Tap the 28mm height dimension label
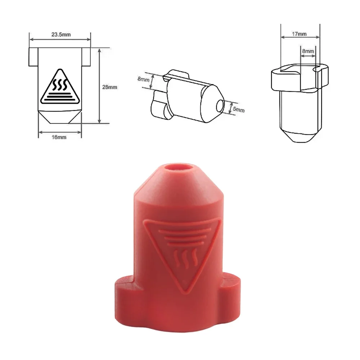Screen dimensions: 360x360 [x=110, y=87]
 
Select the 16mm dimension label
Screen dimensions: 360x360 [x=59, y=137]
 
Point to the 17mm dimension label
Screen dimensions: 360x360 [x=300, y=34]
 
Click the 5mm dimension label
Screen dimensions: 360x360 [x=238, y=109]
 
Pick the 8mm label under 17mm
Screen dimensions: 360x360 [x=308, y=51]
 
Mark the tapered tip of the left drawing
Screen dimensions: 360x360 [x=60, y=116]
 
